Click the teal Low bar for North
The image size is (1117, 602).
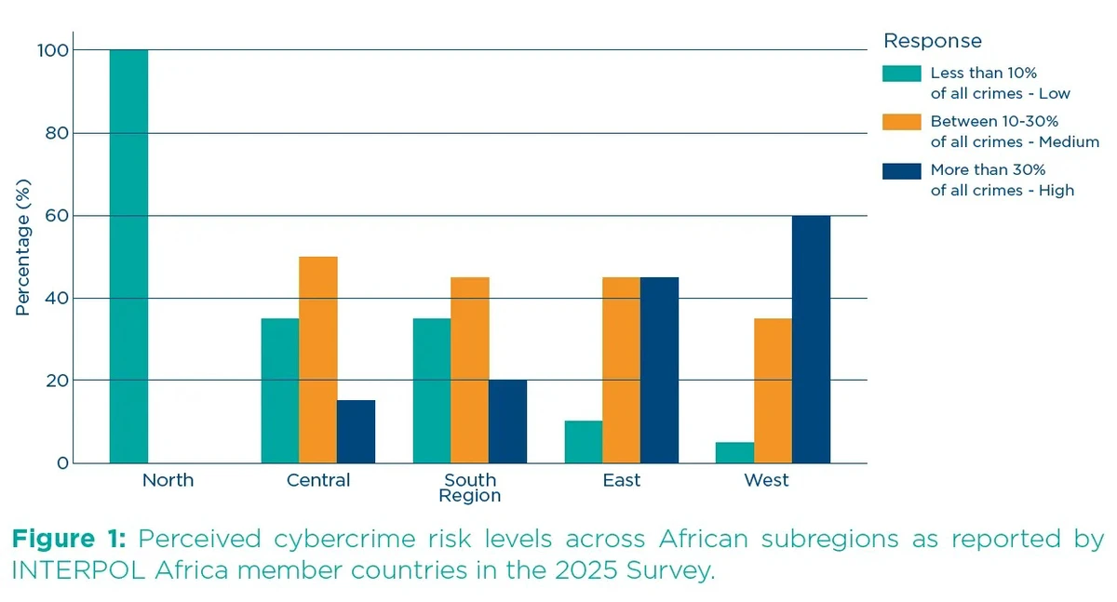128,256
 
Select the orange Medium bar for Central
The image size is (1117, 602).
318,360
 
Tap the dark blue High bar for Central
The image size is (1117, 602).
357,432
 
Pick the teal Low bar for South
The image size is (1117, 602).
432,391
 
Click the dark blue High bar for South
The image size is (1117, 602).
507,421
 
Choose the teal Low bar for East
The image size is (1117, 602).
584,442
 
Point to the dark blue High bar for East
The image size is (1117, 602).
659,370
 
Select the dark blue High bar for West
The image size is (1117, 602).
811,340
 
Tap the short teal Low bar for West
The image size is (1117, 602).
735,452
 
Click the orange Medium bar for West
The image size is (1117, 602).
774,391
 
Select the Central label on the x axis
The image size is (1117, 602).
318,480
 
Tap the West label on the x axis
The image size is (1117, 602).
766,480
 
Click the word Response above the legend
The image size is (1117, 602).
932,41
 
